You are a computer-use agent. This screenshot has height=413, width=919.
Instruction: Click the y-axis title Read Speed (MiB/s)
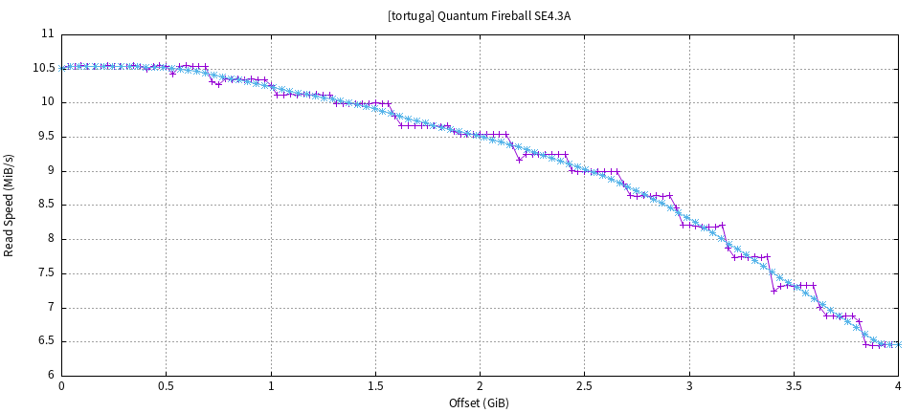click(x=10, y=205)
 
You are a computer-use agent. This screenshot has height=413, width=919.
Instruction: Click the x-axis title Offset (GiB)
click(x=479, y=402)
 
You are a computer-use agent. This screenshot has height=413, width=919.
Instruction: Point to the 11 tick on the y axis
click(x=48, y=34)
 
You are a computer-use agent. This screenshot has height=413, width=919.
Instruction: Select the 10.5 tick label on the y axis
click(x=44, y=69)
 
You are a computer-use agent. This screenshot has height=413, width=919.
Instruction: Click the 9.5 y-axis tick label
click(x=46, y=137)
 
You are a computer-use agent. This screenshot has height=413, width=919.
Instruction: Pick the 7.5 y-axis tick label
click(x=46, y=273)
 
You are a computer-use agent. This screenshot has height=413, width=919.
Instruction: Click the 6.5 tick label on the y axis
click(x=46, y=341)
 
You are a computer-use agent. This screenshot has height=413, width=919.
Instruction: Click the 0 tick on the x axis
click(x=61, y=386)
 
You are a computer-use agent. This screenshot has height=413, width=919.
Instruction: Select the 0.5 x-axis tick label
click(x=166, y=386)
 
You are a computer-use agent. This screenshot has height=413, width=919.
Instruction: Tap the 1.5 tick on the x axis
click(x=375, y=386)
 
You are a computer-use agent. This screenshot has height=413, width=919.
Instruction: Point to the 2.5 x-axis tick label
click(x=584, y=386)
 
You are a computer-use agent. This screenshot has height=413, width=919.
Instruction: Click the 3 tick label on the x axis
click(x=689, y=386)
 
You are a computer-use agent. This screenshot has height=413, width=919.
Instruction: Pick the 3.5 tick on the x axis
click(x=794, y=386)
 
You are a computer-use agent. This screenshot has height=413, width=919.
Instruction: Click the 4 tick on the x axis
click(x=898, y=386)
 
